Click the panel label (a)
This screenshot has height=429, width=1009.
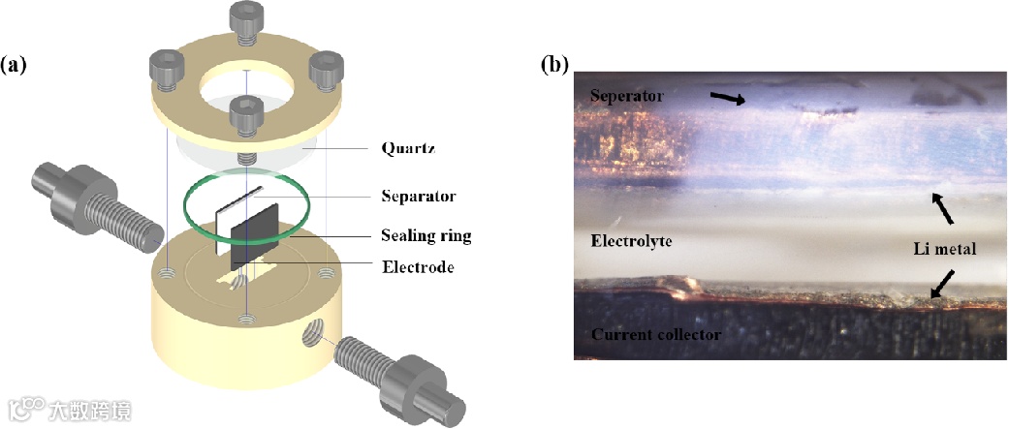[14, 66]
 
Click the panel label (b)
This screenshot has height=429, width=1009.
[554, 66]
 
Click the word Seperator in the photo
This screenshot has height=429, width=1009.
[626, 96]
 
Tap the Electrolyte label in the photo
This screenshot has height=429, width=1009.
[632, 239]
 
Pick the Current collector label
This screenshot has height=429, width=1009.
[654, 335]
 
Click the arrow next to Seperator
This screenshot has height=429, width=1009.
[728, 99]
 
